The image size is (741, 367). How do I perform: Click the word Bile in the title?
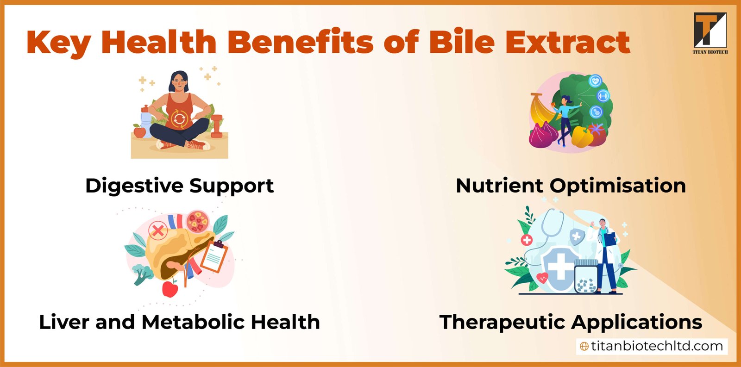462,42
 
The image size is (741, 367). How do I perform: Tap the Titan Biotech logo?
710,32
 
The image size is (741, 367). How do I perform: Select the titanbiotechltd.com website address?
652,346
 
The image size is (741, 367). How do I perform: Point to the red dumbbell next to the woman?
217,126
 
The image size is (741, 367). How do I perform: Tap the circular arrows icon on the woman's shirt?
179,119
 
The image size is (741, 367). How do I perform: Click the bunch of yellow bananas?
541,112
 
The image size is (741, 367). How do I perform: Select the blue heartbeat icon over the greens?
595,81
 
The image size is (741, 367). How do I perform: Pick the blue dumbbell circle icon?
603,96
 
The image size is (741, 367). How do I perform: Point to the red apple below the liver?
170,289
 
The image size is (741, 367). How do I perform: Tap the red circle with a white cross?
527,240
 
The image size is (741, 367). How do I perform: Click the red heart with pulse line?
542,278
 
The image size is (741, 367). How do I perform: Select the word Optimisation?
618,186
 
